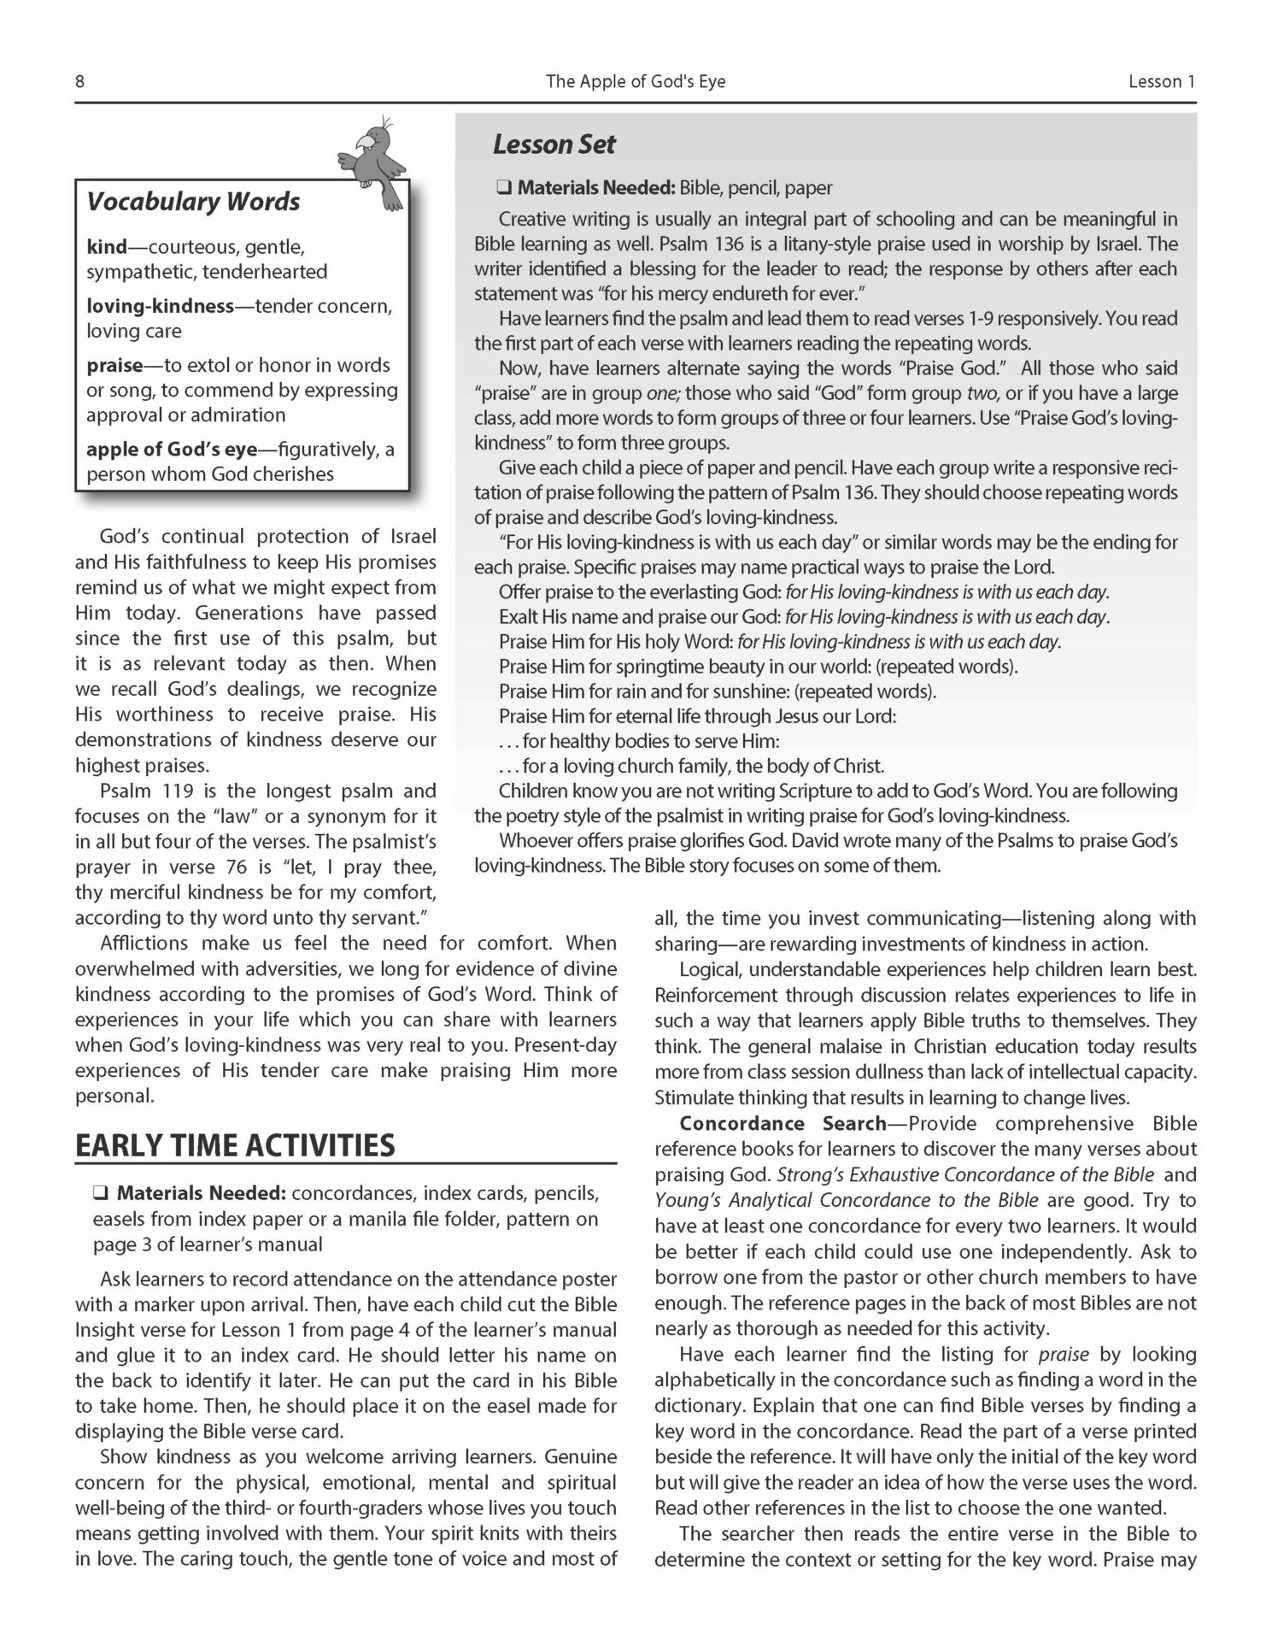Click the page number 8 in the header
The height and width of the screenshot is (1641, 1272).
click(x=79, y=82)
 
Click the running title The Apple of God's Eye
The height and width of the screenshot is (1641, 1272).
click(x=636, y=82)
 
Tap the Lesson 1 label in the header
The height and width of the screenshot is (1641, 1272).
click(x=1161, y=82)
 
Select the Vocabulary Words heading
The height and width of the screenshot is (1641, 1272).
click(x=193, y=202)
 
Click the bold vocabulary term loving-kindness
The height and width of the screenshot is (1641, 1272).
click(x=161, y=306)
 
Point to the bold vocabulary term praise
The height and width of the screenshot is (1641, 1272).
click(x=114, y=365)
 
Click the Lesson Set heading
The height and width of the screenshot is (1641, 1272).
click(x=554, y=144)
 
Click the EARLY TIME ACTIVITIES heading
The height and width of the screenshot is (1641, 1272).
click(x=235, y=1145)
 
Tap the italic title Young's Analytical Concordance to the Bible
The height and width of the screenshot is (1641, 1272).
click(x=847, y=1200)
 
